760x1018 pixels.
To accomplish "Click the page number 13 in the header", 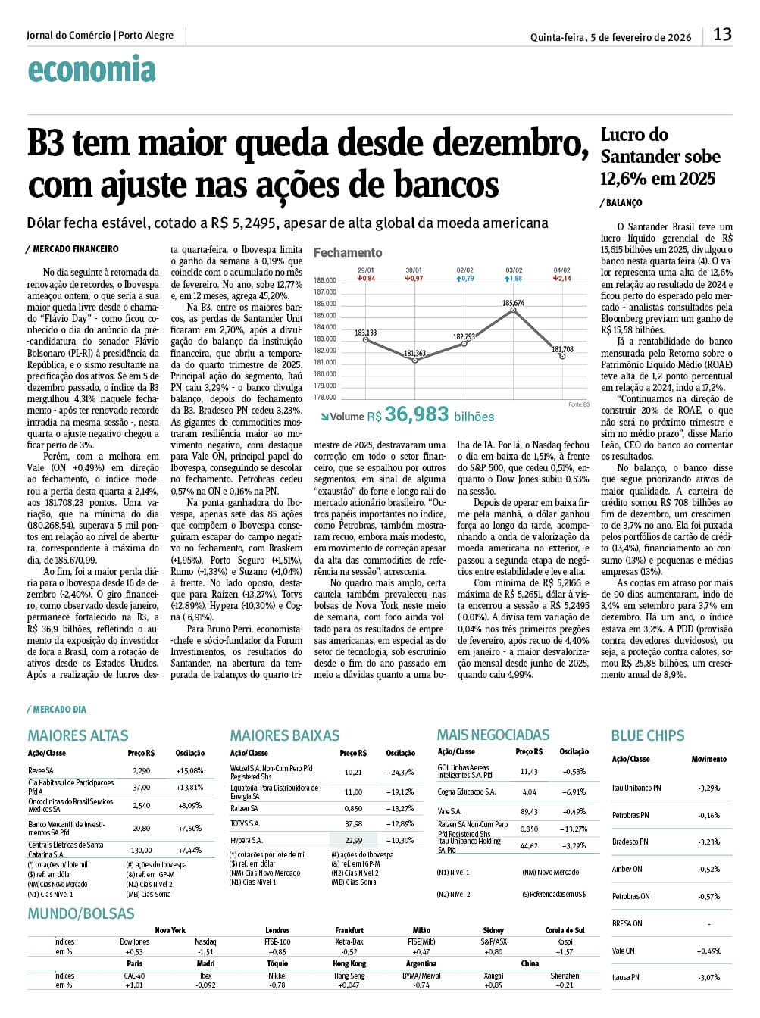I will tap(722, 34).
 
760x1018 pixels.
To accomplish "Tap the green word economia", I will tap(92, 70).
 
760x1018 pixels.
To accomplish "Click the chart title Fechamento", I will tap(348, 252).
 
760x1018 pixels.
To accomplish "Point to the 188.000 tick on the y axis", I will tap(325, 280).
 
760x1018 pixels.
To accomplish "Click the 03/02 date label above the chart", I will tap(514, 270).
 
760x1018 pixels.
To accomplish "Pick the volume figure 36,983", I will tap(417, 414).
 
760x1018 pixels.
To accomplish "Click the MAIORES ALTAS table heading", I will tap(78, 735).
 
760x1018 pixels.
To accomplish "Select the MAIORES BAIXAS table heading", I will tap(285, 735).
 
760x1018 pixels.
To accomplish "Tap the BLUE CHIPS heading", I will tap(648, 735).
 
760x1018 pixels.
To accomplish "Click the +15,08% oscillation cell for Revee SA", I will tap(189, 771).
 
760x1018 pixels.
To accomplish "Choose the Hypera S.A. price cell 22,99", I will tap(353, 840).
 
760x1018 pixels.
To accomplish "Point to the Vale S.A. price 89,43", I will tap(529, 812).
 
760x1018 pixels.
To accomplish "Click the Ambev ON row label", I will tap(627, 870).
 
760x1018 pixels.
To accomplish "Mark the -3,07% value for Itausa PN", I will tap(709, 978).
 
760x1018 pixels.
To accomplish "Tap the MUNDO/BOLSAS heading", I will tap(81, 913).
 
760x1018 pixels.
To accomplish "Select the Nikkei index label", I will tap(277, 976).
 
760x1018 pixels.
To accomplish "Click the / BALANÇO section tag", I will tap(621, 203).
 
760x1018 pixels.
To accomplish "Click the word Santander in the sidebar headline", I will tap(641, 157).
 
